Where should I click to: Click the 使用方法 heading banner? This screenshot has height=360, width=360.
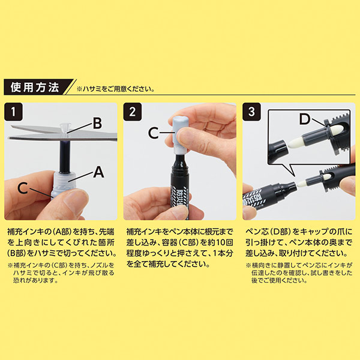37,87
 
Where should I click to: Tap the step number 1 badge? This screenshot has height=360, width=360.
13,112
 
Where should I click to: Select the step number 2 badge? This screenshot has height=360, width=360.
133,112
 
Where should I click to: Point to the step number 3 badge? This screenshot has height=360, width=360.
251,112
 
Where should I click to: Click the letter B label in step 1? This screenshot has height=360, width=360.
97,123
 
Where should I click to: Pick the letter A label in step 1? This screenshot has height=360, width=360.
99,172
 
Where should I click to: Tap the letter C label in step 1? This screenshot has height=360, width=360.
23,188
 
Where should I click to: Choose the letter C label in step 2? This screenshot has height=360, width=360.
154,133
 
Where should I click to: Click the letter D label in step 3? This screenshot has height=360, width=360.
305,119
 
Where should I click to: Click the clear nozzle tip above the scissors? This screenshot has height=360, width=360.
64,127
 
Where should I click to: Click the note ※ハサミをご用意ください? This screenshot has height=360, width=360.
115,89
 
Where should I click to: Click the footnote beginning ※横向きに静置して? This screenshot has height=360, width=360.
299,273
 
